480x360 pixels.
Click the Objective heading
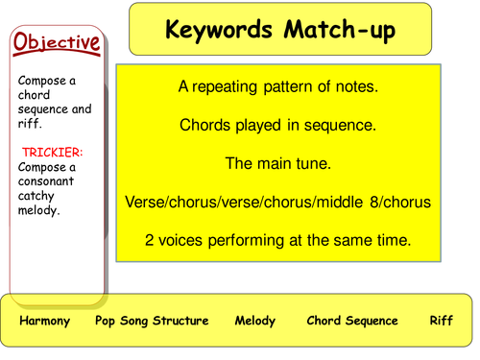(x=57, y=42)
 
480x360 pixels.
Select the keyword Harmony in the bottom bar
(x=45, y=321)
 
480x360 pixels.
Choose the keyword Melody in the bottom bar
(x=254, y=321)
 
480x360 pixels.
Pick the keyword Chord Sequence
(x=351, y=321)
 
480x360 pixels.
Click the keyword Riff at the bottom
(x=441, y=321)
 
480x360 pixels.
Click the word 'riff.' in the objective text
(x=32, y=123)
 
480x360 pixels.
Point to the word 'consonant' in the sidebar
(x=43, y=181)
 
